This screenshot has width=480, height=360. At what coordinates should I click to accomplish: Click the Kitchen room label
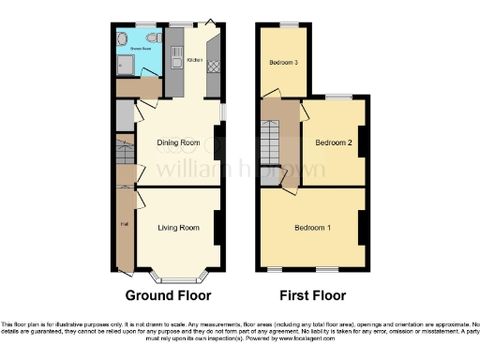point(195,60)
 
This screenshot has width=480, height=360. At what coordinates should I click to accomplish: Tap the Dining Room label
point(178,142)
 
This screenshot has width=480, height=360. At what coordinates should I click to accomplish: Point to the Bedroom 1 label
point(312,228)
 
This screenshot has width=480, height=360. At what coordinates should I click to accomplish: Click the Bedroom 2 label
point(333,142)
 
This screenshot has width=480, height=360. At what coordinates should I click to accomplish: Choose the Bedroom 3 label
point(283,63)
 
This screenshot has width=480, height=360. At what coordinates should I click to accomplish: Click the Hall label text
point(123,224)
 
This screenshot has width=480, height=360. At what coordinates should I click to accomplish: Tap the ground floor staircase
point(122,155)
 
